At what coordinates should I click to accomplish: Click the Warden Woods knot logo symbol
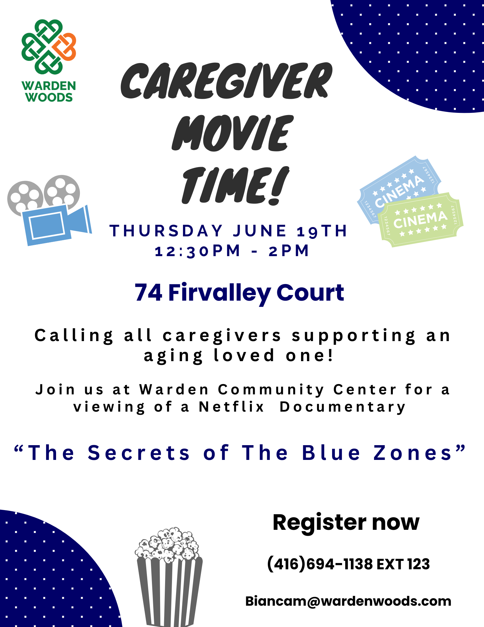tap(49, 47)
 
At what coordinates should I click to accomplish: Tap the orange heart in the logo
tap(65, 47)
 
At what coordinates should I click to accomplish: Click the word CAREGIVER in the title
tap(226, 81)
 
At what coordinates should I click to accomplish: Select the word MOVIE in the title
tap(232, 133)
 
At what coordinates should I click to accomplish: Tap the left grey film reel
tap(25, 198)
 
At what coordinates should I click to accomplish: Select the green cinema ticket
tap(420, 220)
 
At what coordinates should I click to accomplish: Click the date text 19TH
tap(322, 231)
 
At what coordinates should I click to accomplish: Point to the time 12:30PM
tap(198, 251)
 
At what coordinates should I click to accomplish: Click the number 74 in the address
tap(148, 292)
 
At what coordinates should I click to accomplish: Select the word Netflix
tap(232, 407)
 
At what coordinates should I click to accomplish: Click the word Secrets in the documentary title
tap(139, 453)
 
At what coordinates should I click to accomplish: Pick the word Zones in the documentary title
tap(413, 453)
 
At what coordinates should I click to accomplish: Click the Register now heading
tap(346, 523)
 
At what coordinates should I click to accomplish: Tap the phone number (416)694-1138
tap(320, 564)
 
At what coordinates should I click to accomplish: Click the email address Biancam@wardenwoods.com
tap(348, 601)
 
